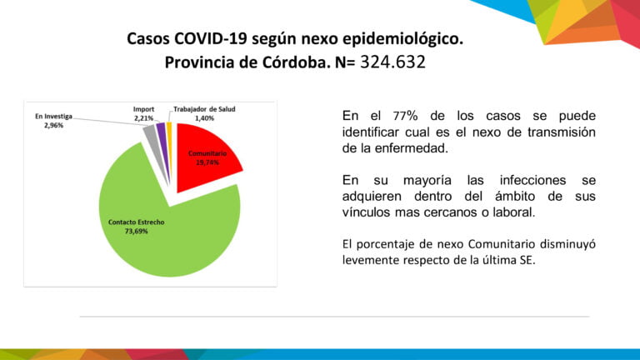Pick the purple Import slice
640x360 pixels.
coord(161,129)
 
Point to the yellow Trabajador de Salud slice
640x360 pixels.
coord(169,128)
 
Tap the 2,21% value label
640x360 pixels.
coord(144,118)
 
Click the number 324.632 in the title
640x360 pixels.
coord(392,62)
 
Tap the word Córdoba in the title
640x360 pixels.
coord(277,62)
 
